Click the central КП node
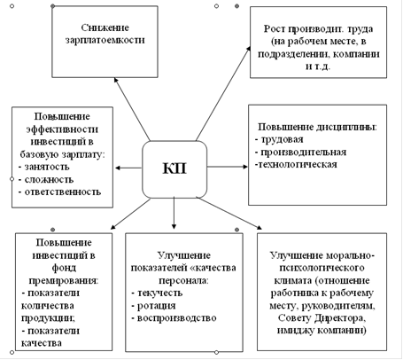coord(174,169)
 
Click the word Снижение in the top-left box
coord(105,27)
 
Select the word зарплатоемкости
coord(105,40)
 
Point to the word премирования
coord(64,280)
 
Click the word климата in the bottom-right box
coord(293,280)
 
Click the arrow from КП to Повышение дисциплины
coord(228,167)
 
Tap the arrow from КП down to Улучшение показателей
coord(174,213)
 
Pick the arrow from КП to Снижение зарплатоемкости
coord(132,109)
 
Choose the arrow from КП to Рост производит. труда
coord(223,93)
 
